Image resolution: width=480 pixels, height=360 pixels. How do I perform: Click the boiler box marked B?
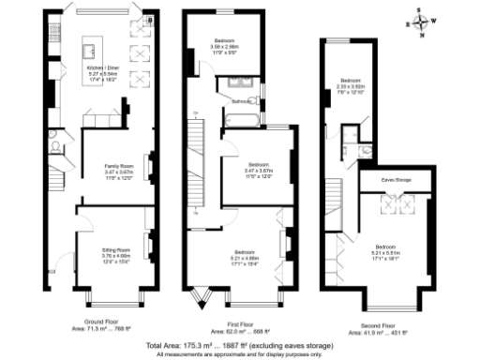click(150, 19)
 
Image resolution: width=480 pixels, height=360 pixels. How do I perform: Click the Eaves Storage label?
click(394, 177)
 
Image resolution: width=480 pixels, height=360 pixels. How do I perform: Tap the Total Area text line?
click(239, 345)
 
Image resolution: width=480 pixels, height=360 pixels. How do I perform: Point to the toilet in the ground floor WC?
click(55, 147)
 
